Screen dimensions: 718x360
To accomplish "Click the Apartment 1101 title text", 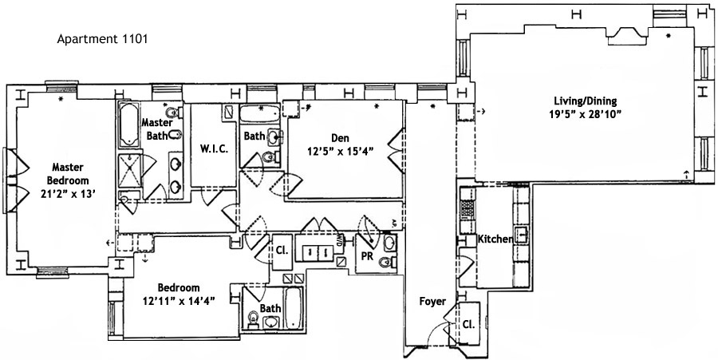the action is (x=101, y=38).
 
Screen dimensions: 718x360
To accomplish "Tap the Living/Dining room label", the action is (x=586, y=101).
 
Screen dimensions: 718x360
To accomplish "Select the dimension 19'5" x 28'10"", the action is (x=586, y=113).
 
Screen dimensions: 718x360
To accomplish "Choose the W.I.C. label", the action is (x=215, y=148).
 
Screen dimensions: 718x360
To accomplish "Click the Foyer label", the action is (x=432, y=302).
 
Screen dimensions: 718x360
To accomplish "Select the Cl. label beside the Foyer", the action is (x=467, y=325).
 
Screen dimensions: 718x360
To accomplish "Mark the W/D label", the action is (x=340, y=237).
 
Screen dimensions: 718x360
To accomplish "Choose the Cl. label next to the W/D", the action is (x=281, y=247).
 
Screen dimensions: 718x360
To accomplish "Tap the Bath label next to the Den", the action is (x=254, y=136).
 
